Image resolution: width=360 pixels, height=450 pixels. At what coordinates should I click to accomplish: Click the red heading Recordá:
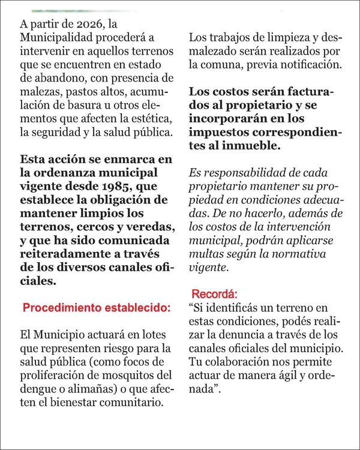(x=214, y=294)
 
